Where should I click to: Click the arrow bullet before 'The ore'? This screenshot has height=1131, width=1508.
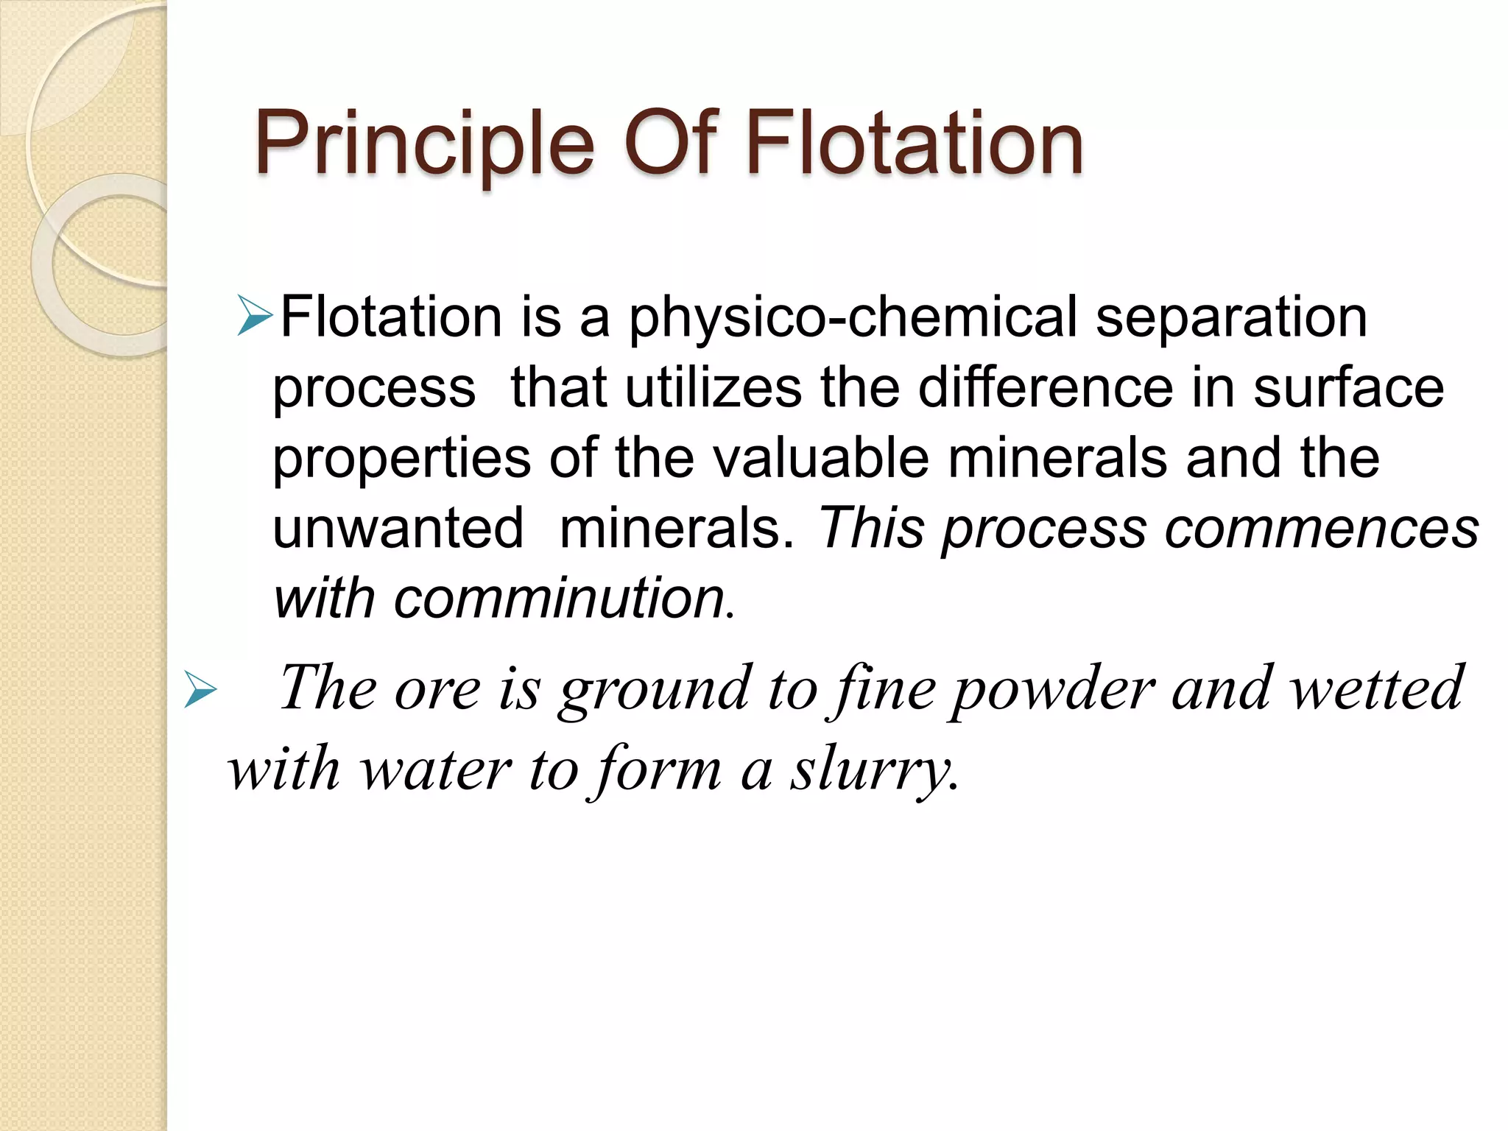coord(200,691)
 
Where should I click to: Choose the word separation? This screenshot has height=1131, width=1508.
coord(1230,318)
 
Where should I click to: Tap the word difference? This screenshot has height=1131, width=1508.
coord(1046,388)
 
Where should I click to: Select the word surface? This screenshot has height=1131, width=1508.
coord(1348,388)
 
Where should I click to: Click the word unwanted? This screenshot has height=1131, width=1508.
coord(398,528)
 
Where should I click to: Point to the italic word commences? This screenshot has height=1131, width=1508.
coord(1321,529)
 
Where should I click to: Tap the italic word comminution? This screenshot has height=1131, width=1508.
coord(560,598)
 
